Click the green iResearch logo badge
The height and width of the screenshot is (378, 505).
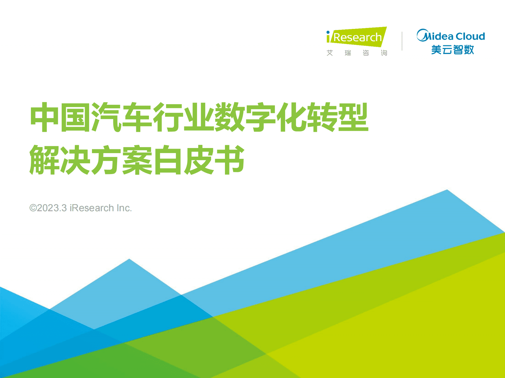click(356, 37)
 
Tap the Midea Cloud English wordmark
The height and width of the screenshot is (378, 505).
click(451, 36)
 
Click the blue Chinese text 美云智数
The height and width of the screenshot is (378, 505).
click(452, 50)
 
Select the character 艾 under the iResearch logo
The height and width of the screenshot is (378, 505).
click(330, 53)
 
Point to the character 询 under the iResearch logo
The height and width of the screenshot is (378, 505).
click(384, 53)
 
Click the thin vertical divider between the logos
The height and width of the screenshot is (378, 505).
click(402, 41)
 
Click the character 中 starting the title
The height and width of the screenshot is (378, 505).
click(44, 117)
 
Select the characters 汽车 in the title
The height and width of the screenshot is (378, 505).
click(122, 117)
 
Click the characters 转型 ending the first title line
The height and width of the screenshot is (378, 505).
click(337, 117)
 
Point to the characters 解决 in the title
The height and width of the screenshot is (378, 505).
click(60, 160)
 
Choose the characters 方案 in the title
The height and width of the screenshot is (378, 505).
click(122, 160)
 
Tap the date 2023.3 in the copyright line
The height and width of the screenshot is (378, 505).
click(52, 208)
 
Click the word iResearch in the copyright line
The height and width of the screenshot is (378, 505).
click(92, 208)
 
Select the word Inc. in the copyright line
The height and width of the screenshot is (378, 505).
click(124, 208)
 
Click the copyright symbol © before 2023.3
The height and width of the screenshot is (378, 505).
click(33, 208)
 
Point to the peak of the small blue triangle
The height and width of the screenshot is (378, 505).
click(129, 260)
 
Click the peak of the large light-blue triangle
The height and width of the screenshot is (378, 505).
click(447, 190)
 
